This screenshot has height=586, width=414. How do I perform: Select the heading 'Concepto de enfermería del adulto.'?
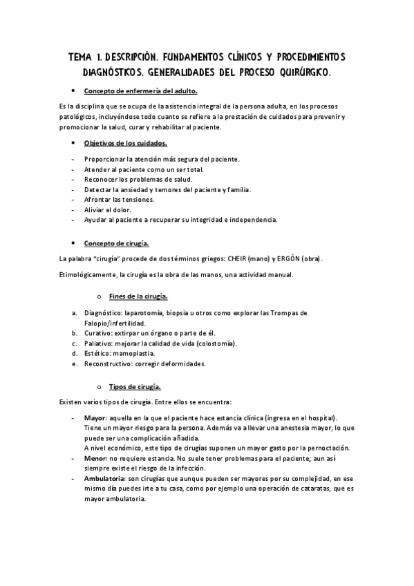[x=140, y=91]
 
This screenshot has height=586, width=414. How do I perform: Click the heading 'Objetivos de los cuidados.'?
[x=125, y=143]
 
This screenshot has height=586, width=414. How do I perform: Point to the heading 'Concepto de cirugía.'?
[x=116, y=243]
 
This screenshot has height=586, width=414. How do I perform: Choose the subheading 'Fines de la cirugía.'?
[x=138, y=296]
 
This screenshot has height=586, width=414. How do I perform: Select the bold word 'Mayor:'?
[x=95, y=419]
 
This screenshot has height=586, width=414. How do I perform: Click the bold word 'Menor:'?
[x=95, y=457]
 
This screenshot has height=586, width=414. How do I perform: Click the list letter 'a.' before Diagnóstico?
[x=74, y=313]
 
